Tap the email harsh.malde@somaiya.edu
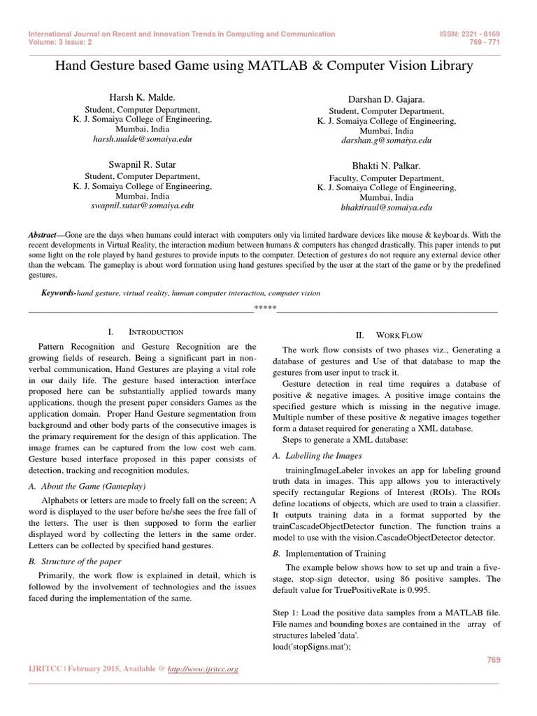point(142,139)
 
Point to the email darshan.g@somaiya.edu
point(386,141)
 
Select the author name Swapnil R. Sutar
point(142,166)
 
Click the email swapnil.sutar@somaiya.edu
point(142,207)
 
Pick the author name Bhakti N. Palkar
point(386,166)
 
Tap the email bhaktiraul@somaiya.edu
point(386,208)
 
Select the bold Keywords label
point(58,293)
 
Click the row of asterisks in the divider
point(265,308)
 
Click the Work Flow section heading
point(399,336)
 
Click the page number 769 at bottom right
point(492,659)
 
